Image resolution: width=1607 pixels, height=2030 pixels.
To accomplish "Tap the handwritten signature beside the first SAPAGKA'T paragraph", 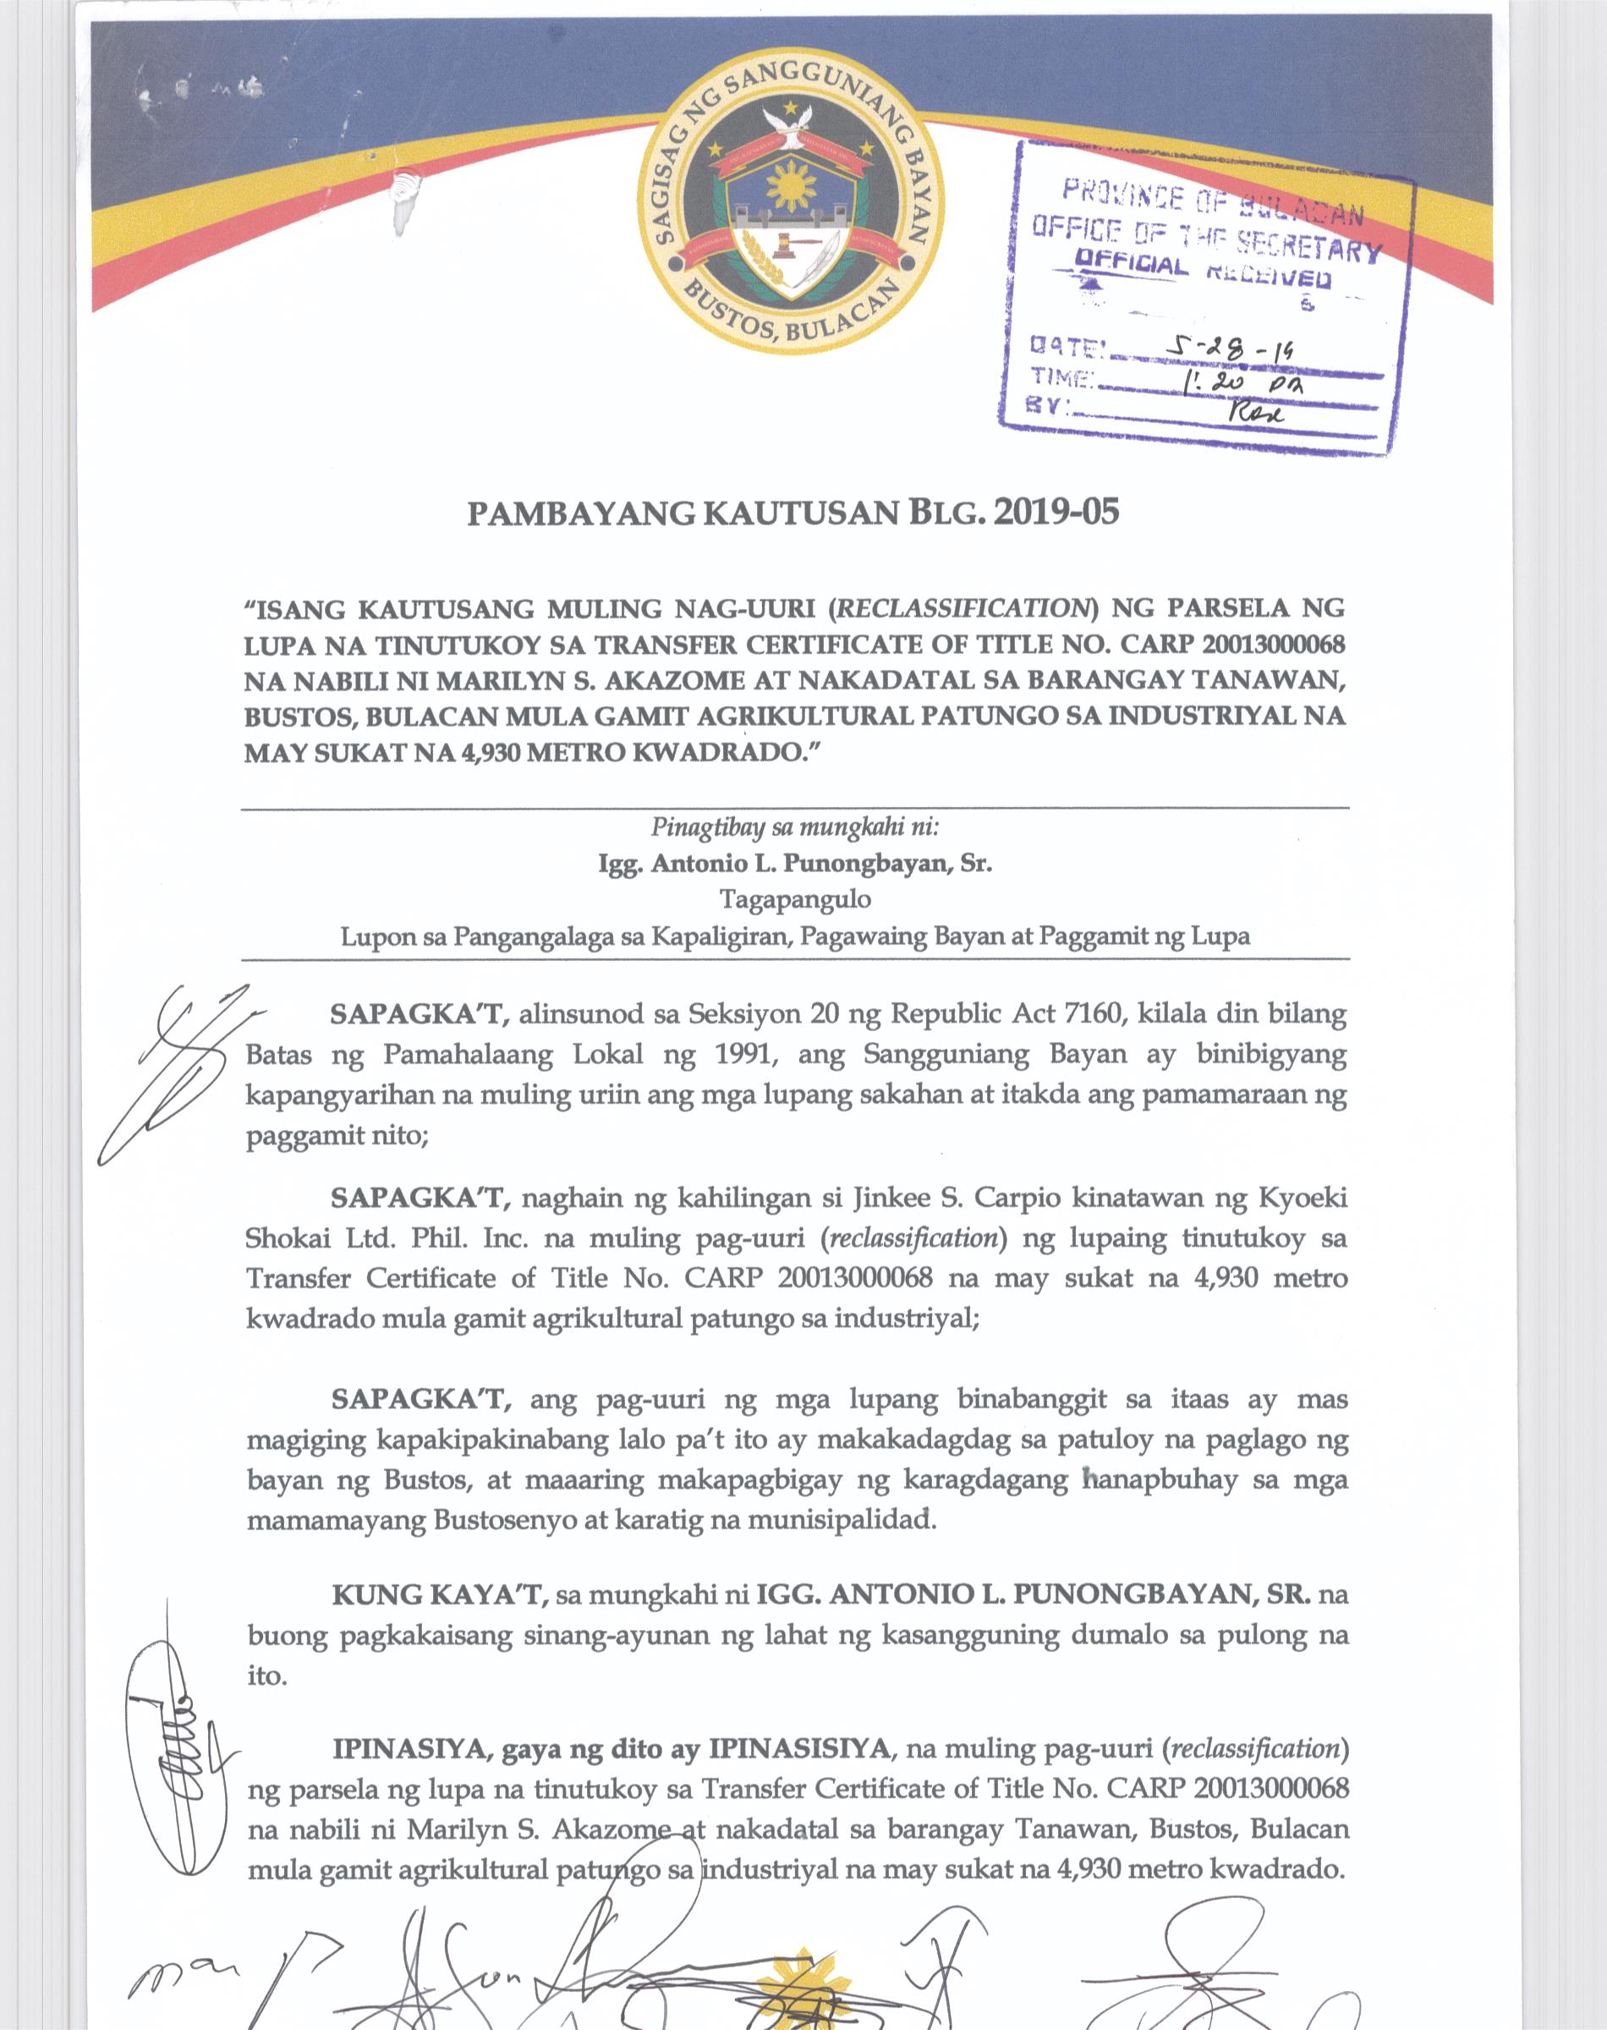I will pos(178,1073).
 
